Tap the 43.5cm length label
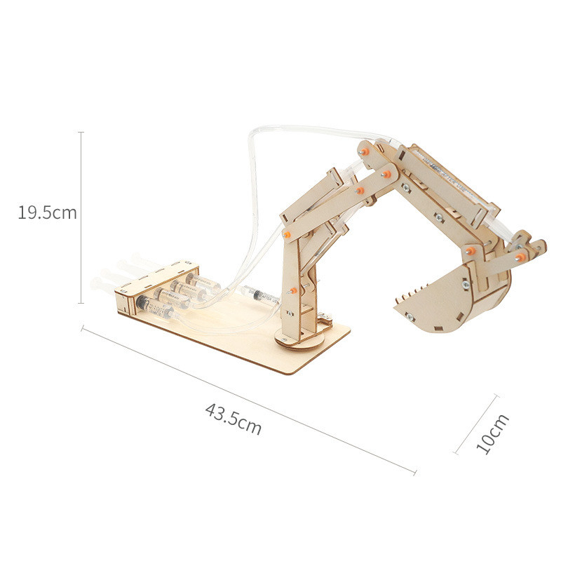coord(233,419)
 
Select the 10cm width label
coord(492,433)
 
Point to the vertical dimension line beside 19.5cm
coord(81,217)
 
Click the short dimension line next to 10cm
coord(477,424)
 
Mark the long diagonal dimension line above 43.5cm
coord(249,400)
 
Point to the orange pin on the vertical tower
coord(293,288)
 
